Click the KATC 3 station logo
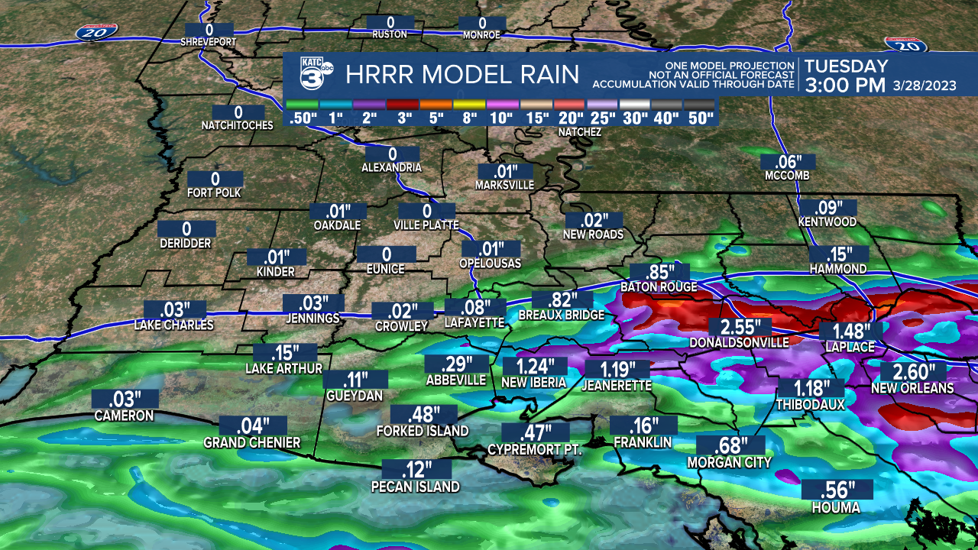pos(311,74)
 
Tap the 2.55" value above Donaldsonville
pos(738,327)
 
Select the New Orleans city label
pos(912,388)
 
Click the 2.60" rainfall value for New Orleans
pos(913,372)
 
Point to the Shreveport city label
pos(209,41)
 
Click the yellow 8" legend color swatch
pos(468,105)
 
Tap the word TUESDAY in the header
pos(846,66)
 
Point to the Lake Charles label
pos(174,325)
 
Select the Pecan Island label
pos(415,487)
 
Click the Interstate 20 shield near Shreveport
pos(97,31)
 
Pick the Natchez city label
pos(579,132)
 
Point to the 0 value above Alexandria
pos(392,154)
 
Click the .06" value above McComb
pos(787,162)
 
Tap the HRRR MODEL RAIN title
pos(462,75)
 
